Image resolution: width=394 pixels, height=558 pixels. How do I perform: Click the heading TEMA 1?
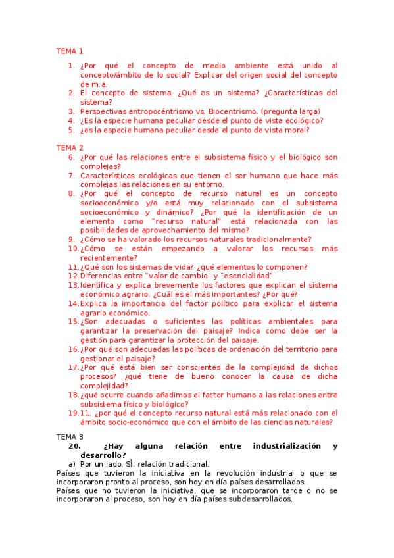click(x=70, y=51)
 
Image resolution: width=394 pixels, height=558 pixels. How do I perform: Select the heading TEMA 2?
click(x=70, y=148)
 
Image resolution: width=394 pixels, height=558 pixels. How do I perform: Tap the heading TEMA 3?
click(x=70, y=436)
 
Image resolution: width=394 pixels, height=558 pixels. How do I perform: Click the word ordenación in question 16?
click(x=251, y=349)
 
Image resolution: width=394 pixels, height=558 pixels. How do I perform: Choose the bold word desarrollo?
click(x=103, y=455)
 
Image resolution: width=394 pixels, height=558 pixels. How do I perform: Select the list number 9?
click(x=71, y=240)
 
